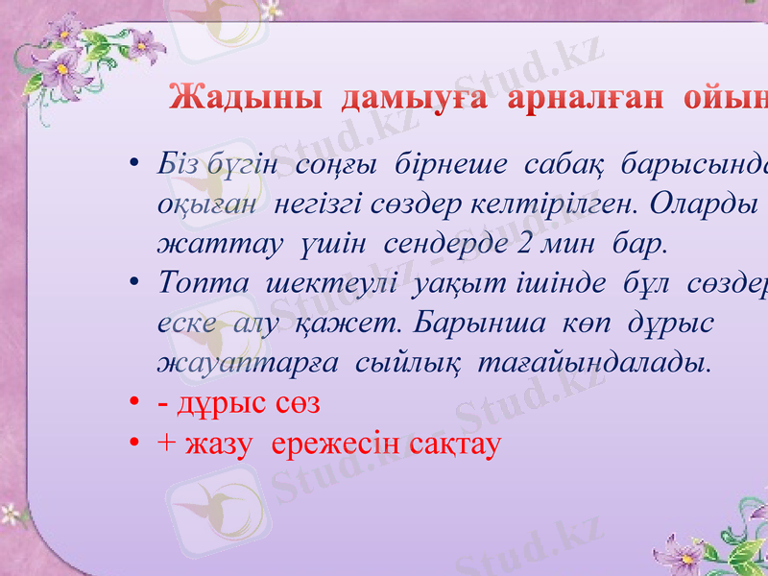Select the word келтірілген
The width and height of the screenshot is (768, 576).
[544, 204]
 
